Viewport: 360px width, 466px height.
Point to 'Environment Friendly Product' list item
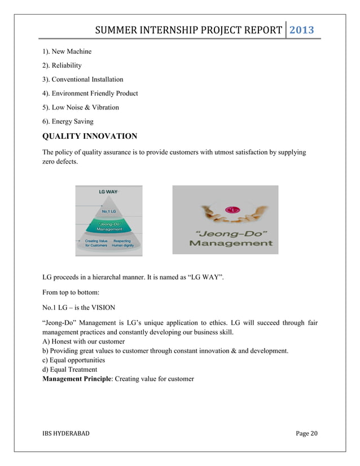pyautogui.click(x=90, y=93)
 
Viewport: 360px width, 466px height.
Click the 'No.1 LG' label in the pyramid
pyautogui.click(x=109, y=211)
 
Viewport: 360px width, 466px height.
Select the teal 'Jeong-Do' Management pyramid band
pyautogui.click(x=109, y=226)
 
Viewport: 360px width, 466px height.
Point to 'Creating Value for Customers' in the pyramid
pyautogui.click(x=96, y=243)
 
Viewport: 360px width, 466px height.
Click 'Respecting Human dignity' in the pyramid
pyautogui.click(x=125, y=243)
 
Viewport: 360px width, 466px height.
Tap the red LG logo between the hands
pyautogui.click(x=230, y=210)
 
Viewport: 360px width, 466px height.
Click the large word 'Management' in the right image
pyautogui.click(x=230, y=244)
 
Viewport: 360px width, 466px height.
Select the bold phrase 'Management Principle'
pyautogui.click(x=76, y=379)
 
